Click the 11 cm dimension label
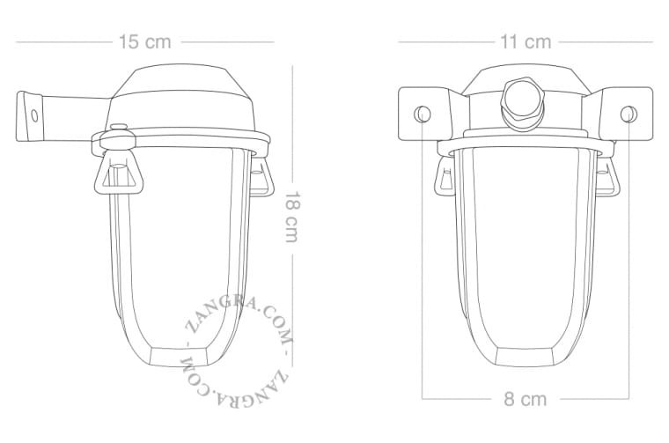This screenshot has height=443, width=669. tap(525, 41)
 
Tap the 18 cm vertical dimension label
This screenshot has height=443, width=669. tap(293, 218)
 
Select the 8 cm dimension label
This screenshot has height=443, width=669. tap(525, 399)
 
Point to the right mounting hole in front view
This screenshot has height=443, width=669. tap(627, 113)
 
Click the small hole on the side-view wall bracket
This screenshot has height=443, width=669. tap(35, 114)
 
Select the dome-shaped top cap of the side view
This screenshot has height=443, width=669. tap(187, 92)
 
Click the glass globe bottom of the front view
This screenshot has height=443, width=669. tap(525, 352)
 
